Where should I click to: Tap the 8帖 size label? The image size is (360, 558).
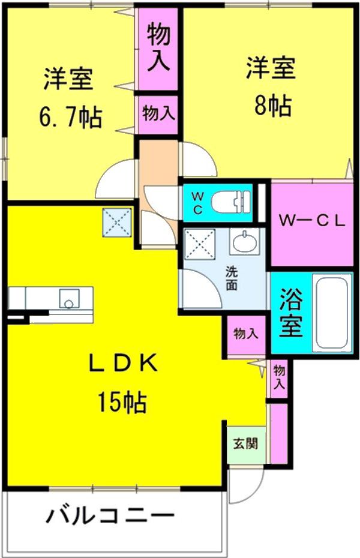[272, 106]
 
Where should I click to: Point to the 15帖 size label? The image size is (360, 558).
[122, 403]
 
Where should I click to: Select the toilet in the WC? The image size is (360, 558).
[235, 200]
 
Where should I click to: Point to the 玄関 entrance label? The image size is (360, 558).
[245, 445]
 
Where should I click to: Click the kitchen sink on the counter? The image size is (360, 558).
[68, 298]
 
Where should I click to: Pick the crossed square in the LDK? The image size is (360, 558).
[116, 222]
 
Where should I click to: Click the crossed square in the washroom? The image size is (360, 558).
[199, 244]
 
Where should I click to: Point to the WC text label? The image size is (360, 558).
[197, 202]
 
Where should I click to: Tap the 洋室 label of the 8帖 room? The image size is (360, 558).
[271, 68]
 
